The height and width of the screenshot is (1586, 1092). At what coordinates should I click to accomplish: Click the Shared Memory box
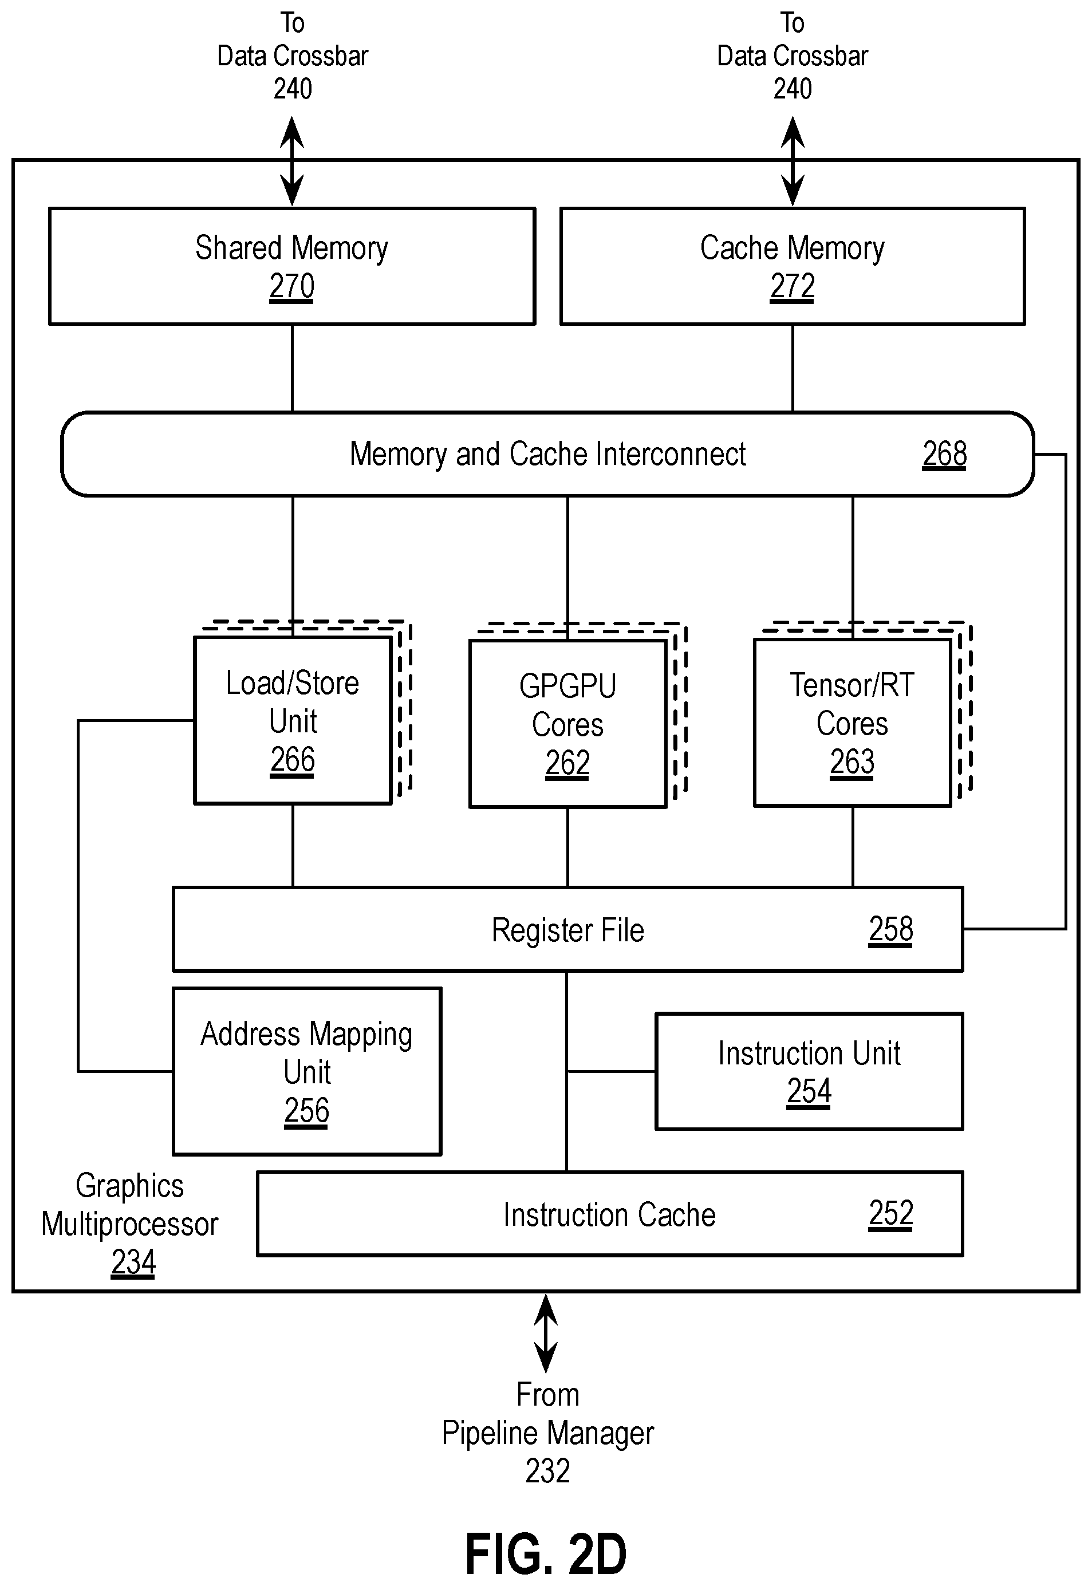tap(292, 266)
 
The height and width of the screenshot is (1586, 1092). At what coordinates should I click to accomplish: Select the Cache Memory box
tap(793, 266)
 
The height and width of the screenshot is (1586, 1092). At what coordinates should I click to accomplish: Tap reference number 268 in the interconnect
tap(944, 453)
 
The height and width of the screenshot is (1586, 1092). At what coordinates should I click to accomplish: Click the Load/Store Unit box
tap(293, 720)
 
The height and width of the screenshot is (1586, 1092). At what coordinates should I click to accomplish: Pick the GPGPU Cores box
tap(567, 723)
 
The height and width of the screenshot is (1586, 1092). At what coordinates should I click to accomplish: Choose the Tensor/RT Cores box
tap(852, 723)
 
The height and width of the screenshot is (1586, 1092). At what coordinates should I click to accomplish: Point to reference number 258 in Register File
tap(890, 929)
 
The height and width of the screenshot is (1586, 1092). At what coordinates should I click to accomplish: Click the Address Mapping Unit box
tap(306, 1071)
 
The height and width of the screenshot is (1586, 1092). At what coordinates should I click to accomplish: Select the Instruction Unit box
tap(809, 1071)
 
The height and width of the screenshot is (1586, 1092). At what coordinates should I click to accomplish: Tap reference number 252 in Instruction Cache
tap(890, 1214)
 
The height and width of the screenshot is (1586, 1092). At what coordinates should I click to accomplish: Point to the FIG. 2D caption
tap(546, 1554)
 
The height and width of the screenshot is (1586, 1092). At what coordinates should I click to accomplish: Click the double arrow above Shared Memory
tap(292, 161)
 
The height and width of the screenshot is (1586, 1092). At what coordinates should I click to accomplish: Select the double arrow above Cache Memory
tap(793, 161)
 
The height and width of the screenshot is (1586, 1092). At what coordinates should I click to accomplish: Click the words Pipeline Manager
tap(547, 1433)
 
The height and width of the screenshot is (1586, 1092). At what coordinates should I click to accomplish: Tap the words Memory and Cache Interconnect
tap(547, 453)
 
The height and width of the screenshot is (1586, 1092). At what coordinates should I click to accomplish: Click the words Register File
tap(567, 930)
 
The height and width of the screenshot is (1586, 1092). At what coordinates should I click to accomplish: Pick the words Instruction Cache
tap(609, 1214)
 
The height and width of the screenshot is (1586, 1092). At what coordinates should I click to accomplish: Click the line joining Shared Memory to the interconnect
tap(292, 368)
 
